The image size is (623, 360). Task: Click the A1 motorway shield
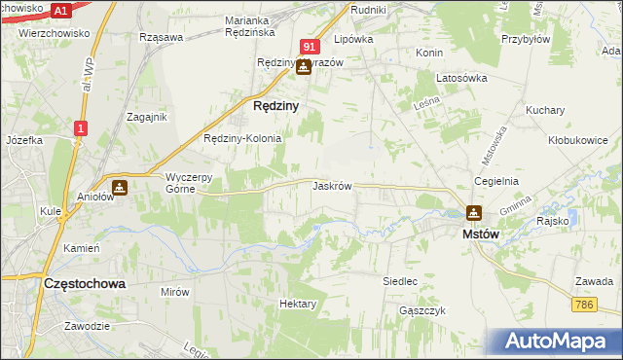[60, 10]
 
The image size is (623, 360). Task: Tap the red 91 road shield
[310, 46]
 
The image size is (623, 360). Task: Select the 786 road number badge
[584, 305]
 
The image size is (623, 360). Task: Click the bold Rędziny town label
[275, 106]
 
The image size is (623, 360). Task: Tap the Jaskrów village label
[332, 185]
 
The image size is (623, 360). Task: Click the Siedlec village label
[400, 281]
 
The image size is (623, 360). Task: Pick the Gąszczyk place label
[421, 310]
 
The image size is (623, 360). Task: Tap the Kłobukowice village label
[577, 140]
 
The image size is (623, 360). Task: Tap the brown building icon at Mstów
[473, 212]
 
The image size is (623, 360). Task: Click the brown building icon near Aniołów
[120, 187]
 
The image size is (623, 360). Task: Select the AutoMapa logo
[556, 342]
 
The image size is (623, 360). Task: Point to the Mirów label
[175, 291]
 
